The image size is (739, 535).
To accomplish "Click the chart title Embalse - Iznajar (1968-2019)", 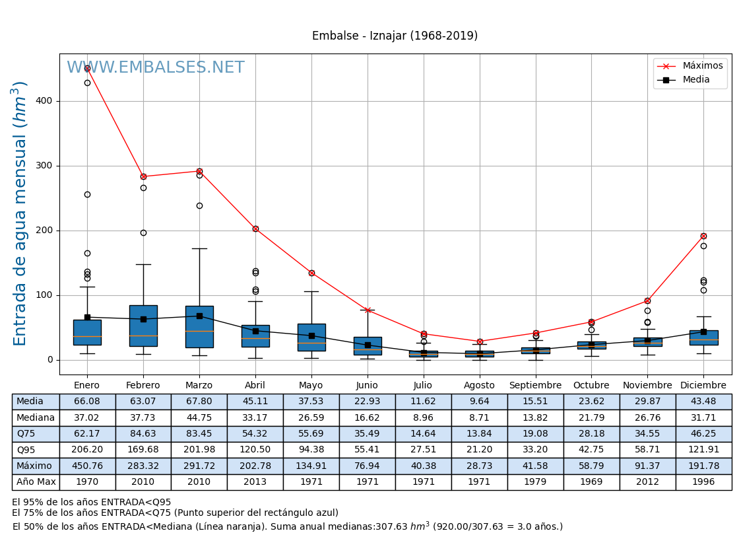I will click(x=395, y=36).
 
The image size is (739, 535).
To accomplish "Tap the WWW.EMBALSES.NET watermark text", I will click(x=156, y=68).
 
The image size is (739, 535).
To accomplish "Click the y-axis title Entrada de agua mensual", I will click(x=20, y=213).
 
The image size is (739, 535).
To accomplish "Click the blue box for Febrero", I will click(x=143, y=326).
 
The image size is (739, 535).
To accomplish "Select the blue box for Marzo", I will click(x=199, y=326).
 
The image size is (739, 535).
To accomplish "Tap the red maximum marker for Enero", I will click(x=87, y=68).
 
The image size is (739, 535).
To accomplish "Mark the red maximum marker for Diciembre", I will click(x=703, y=236).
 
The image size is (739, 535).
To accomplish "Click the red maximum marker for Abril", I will click(x=255, y=229).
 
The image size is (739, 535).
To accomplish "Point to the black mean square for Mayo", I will click(x=311, y=336).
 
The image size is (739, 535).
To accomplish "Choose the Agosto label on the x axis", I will click(x=479, y=386).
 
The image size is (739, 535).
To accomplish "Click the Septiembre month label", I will click(x=535, y=386).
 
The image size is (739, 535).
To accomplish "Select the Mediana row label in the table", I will click(x=36, y=417).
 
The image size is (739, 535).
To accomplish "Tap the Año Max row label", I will click(x=36, y=482).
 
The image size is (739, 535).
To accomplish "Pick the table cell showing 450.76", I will click(x=87, y=466).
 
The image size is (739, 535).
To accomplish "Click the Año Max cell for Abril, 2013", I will click(x=255, y=482).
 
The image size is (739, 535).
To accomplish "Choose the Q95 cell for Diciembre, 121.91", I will click(x=703, y=450).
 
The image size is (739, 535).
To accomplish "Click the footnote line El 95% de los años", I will click(x=91, y=503).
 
